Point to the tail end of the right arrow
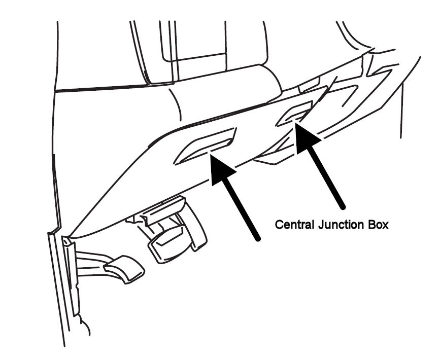342,205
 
